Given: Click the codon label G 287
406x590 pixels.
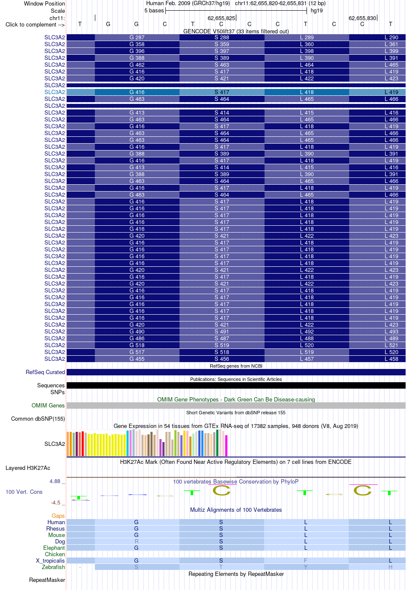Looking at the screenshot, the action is [137, 37].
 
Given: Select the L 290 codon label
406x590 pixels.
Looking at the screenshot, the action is [391, 37].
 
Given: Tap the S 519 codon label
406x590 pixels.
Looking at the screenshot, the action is [222, 345].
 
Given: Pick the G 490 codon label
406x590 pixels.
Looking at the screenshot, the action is [137, 331].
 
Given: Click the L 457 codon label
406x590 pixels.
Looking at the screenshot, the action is [307, 359].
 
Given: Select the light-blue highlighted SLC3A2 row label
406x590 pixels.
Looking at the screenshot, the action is [55, 92].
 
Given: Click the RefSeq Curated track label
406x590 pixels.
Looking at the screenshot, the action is [45, 372].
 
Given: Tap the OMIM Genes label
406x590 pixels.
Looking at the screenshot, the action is [48, 405].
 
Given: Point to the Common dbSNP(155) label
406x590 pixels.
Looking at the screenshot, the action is [38, 419].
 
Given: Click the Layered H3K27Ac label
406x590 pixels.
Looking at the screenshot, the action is [28, 468].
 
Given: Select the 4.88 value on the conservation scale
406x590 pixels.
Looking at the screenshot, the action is [55, 481].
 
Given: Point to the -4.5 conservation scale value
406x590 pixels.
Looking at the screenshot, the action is [56, 502].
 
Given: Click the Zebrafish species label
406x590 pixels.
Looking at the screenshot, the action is [53, 567].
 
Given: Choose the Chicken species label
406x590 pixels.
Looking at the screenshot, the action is [55, 554].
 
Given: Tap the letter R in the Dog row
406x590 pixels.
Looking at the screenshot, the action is [136, 541].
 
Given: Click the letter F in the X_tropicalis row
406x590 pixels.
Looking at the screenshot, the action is [306, 560].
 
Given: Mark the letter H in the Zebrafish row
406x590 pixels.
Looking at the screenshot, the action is [391, 567].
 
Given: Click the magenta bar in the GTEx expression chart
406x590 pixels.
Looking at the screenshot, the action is [226, 445].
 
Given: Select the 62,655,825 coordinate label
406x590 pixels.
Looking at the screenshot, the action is [221, 18].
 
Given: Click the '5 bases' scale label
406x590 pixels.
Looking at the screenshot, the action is [154, 11].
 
